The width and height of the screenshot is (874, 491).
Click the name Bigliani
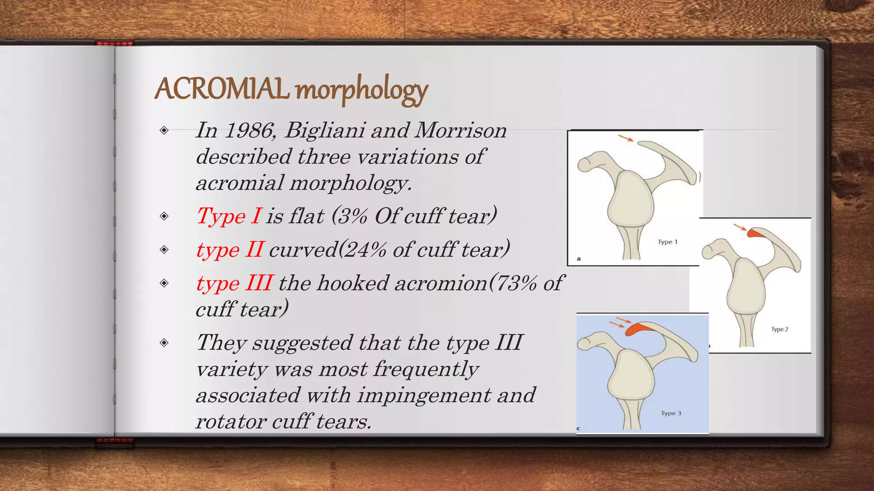(x=325, y=130)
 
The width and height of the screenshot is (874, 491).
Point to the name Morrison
(x=460, y=130)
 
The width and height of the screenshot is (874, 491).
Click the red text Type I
(x=229, y=216)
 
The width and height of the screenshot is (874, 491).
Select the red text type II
(x=230, y=249)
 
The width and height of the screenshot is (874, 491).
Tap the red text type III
(x=234, y=283)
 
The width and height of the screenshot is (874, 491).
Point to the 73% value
(x=516, y=283)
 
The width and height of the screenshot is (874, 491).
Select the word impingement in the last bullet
(x=424, y=395)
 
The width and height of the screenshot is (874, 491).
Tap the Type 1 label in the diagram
(x=667, y=242)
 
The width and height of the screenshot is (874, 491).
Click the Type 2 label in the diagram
(x=779, y=329)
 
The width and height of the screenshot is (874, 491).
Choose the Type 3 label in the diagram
(x=671, y=413)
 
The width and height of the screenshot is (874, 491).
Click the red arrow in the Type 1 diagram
(x=626, y=138)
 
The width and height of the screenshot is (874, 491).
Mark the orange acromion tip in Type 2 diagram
(x=755, y=233)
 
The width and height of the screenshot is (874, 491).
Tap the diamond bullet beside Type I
(x=164, y=216)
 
